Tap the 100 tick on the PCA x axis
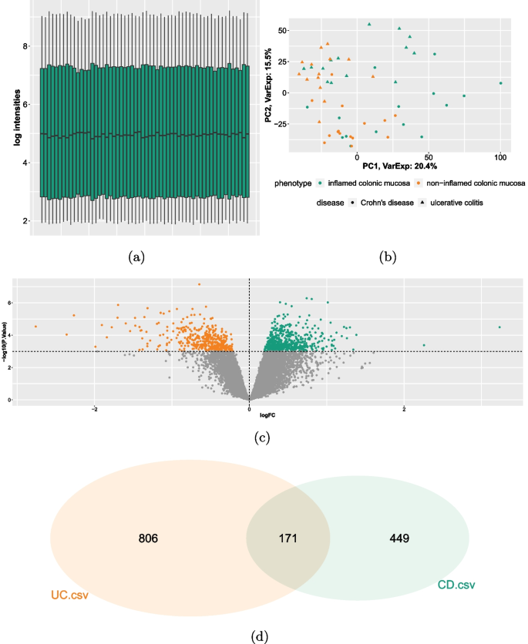click(500, 157)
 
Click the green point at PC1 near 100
click(500, 83)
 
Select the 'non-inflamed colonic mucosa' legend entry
click(469, 184)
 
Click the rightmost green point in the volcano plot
click(499, 327)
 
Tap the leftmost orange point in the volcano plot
click(35, 327)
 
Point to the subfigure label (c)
click(263, 438)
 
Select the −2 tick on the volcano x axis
click(94, 409)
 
